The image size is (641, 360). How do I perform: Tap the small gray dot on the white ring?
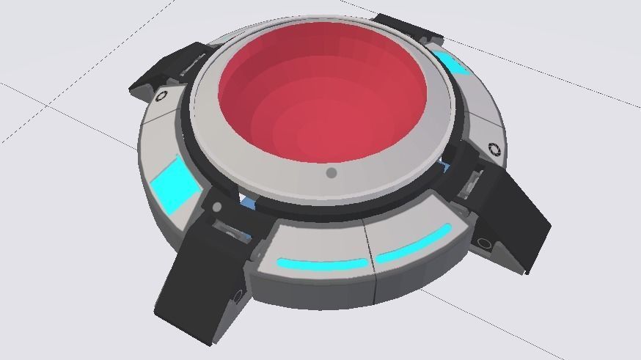pos(332,173)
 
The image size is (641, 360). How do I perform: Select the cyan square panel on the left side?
pos(175,184)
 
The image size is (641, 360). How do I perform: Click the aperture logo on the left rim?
pos(161,95)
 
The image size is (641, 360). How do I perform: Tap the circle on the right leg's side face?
pos(485,243)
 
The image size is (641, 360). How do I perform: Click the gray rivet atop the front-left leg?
pos(217,207)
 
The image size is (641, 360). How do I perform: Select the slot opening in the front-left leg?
pos(233,233)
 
